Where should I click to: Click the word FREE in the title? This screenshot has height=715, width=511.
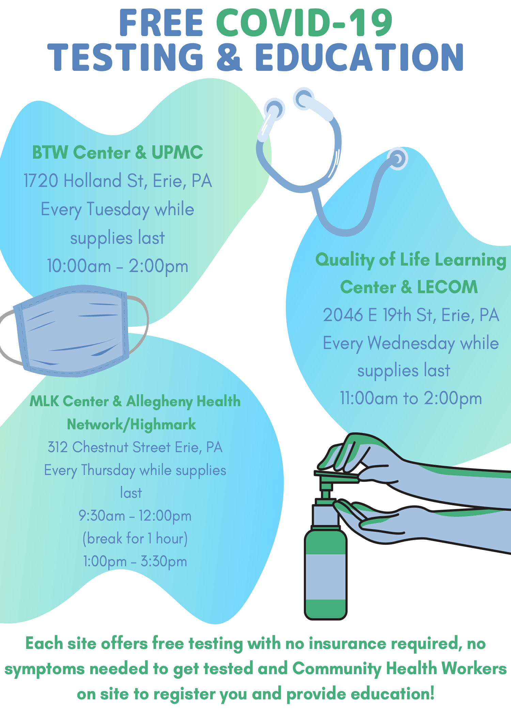(x=161, y=23)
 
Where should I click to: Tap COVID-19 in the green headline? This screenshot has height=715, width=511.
(x=305, y=23)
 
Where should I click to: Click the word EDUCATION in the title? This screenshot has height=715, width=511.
(x=359, y=57)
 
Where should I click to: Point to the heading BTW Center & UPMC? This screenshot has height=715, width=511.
(x=118, y=152)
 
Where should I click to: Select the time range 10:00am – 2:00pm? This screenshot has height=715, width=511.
(x=118, y=266)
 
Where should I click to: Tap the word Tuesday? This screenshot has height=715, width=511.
(x=118, y=210)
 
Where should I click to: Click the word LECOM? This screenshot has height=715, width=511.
(x=447, y=287)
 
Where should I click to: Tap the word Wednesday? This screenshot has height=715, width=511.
(x=412, y=344)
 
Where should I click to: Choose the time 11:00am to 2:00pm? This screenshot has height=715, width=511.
(x=411, y=398)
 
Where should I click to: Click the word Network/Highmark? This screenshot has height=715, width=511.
(x=131, y=425)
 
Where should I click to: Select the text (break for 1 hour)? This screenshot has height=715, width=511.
(x=135, y=539)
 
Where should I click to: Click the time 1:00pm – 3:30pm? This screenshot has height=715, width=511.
(x=135, y=561)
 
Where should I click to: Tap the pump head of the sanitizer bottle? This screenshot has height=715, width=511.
(x=337, y=476)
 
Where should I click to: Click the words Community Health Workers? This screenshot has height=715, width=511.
(x=399, y=668)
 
